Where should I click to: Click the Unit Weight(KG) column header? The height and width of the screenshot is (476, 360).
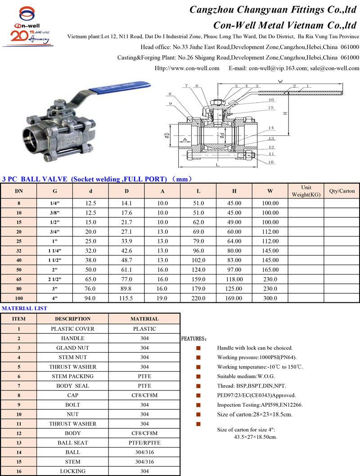(306, 191)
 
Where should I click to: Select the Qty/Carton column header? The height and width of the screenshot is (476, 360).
(342, 191)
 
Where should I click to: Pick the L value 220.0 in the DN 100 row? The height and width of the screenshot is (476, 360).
(198, 298)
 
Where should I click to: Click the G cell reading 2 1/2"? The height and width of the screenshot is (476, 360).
(54, 279)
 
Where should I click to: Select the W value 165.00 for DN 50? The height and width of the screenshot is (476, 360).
(270, 270)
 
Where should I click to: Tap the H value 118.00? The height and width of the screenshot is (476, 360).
(234, 279)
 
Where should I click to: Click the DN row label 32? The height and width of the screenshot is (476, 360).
(19, 251)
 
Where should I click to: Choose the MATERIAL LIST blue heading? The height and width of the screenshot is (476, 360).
(25, 308)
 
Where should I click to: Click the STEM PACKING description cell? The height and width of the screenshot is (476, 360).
(72, 376)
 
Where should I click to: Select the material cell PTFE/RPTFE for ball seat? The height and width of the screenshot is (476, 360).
(144, 443)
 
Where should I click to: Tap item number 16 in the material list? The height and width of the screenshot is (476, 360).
(19, 471)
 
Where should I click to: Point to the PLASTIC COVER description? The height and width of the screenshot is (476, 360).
(72, 329)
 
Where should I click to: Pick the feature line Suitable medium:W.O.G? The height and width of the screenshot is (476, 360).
(246, 376)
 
